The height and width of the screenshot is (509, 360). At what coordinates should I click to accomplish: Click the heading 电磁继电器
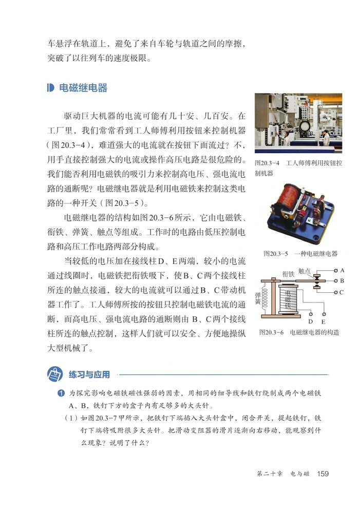click(x=84, y=88)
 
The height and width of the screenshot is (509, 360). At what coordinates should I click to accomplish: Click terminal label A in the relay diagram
click(x=342, y=270)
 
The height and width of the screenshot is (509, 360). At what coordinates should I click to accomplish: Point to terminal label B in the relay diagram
click(x=342, y=281)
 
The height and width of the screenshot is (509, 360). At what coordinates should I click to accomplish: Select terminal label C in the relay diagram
click(x=342, y=292)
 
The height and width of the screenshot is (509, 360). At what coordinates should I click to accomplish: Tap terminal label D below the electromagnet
click(x=311, y=321)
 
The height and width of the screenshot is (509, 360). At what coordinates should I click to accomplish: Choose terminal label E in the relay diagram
click(x=324, y=321)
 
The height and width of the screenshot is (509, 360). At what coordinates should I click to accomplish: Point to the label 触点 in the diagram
click(x=305, y=270)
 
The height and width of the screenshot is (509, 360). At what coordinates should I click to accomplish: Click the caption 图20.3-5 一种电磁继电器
click(x=300, y=253)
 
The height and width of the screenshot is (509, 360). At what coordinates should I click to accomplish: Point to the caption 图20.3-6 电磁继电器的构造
click(x=299, y=332)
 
